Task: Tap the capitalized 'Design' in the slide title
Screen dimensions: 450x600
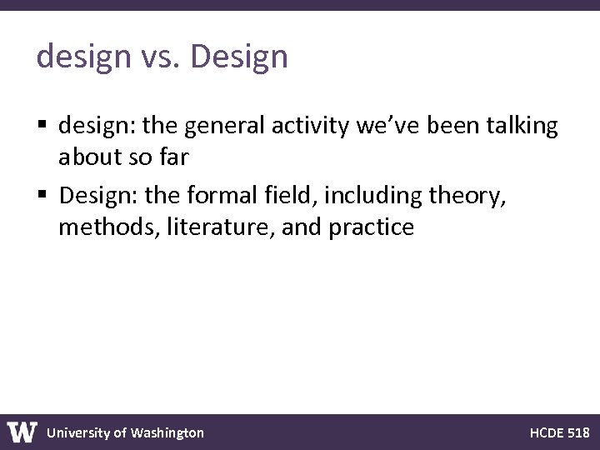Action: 239,57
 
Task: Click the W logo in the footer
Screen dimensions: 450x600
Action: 22,432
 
